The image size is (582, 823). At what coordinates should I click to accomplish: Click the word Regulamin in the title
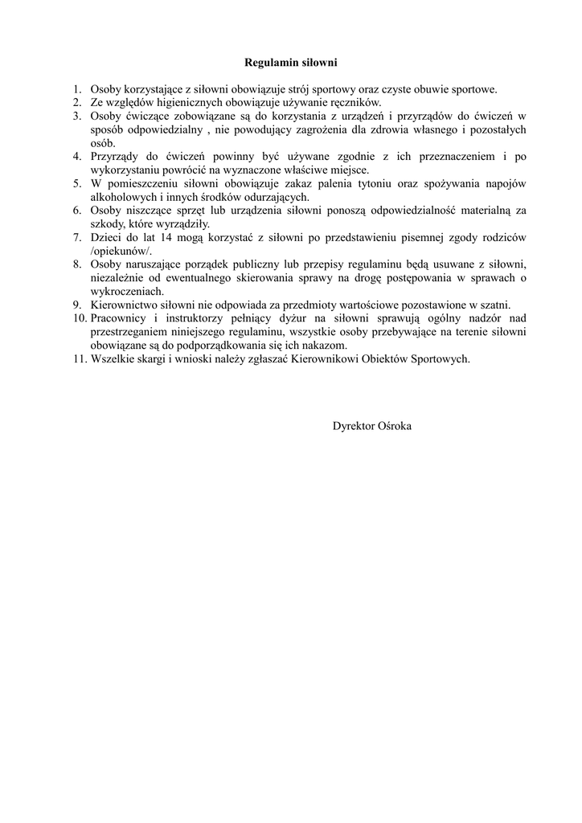pyautogui.click(x=269, y=62)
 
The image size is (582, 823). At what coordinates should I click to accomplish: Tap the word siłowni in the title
pyautogui.click(x=318, y=62)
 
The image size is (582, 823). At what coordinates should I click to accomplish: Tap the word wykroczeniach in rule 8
pyautogui.click(x=126, y=291)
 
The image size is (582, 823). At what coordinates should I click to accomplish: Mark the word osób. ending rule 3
pyautogui.click(x=104, y=143)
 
